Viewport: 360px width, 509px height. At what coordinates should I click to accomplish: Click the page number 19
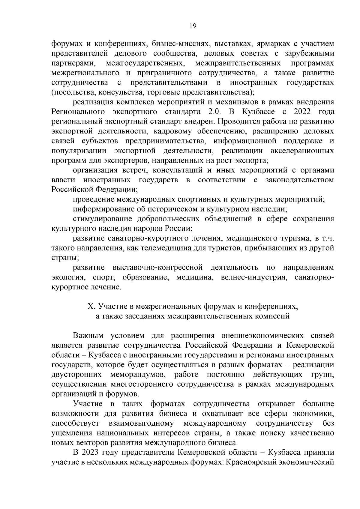click(x=193, y=26)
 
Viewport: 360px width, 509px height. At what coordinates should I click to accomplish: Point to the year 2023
click(x=90, y=452)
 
